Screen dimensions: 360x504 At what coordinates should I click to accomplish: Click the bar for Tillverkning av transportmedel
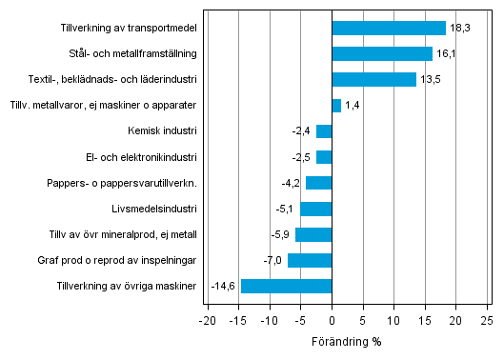tap(389, 28)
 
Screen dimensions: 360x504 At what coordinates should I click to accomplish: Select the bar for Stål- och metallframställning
tap(382, 53)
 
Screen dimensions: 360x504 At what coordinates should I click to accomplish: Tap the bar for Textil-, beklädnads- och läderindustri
tap(373, 79)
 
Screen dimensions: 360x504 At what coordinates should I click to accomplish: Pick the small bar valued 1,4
tap(336, 105)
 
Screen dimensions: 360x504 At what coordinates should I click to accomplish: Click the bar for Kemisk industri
tap(324, 131)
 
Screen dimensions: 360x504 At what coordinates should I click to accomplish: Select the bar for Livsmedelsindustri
tap(315, 209)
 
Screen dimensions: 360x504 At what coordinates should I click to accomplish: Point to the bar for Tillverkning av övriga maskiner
tap(286, 286)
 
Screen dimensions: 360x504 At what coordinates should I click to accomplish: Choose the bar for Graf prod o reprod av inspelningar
tap(310, 260)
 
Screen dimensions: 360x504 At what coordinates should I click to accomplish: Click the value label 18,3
tap(459, 29)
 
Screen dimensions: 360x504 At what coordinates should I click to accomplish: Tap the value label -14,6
tap(224, 286)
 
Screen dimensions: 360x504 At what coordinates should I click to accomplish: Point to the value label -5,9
tap(280, 234)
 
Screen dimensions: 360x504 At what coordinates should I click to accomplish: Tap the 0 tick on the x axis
tap(332, 319)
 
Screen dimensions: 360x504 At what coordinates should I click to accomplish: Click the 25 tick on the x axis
tap(486, 319)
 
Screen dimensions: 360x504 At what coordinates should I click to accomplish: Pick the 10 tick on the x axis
tap(393, 319)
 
